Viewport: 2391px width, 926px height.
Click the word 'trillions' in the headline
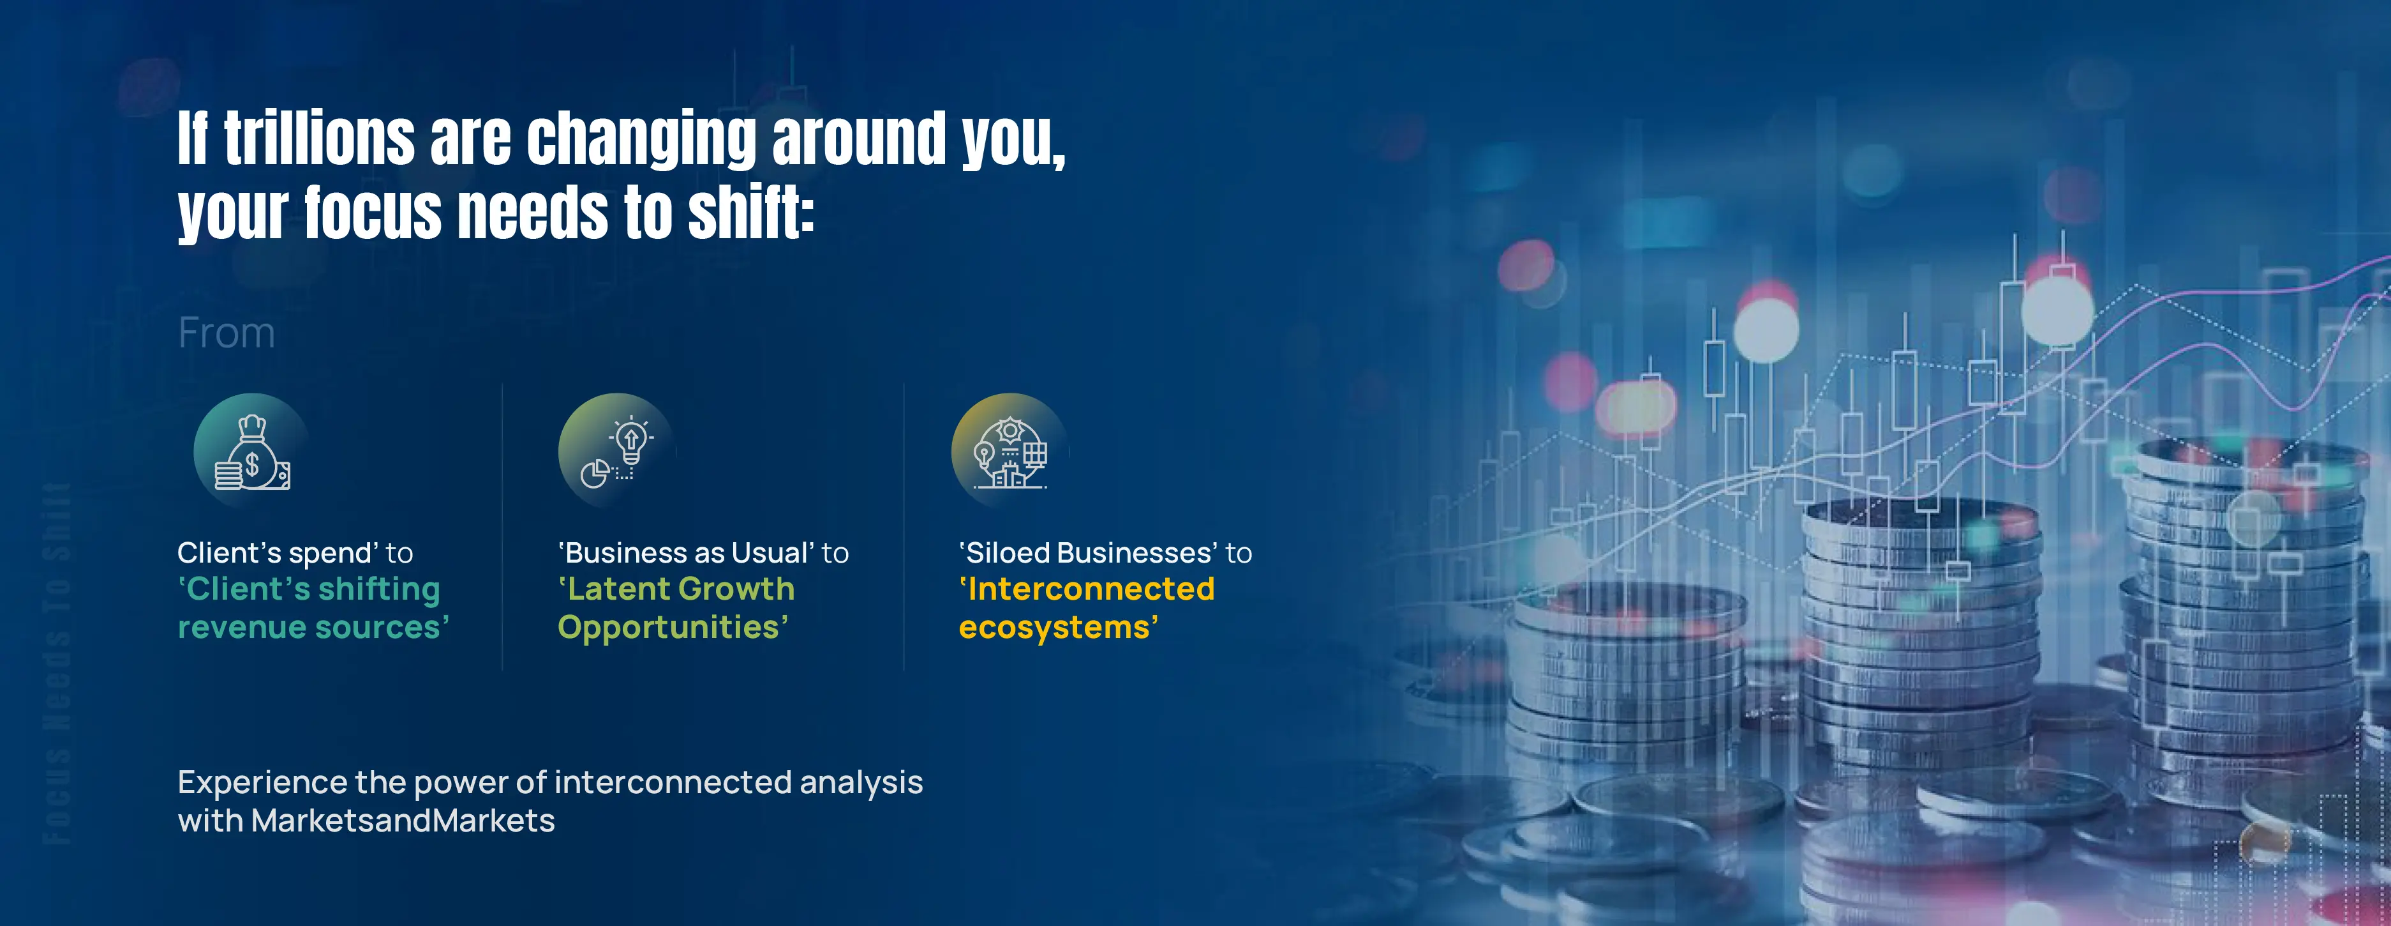coord(318,139)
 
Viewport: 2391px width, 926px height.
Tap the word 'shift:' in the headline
coord(750,212)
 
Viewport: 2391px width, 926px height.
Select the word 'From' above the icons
coord(227,333)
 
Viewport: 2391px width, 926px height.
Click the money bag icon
coord(251,452)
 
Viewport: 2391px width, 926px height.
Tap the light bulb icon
coord(616,452)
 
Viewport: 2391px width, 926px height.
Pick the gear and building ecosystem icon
coord(1010,452)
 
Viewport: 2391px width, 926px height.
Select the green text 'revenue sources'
coord(312,628)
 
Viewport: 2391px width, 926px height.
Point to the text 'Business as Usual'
coord(685,554)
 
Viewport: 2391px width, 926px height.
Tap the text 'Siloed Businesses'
coord(1087,554)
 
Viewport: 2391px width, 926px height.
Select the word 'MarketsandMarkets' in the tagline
coord(402,821)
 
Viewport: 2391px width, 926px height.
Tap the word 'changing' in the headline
coord(641,139)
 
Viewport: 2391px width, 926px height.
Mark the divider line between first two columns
coord(502,527)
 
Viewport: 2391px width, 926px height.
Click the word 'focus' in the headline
coord(372,212)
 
